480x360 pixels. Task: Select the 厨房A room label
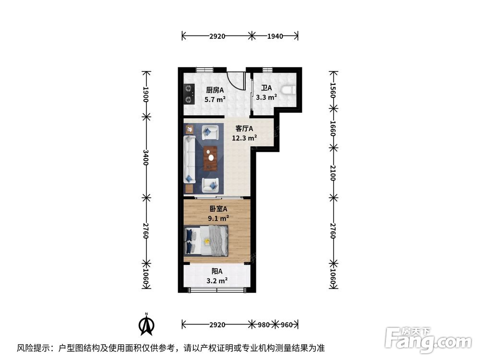(216, 90)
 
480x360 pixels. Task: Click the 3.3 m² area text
(266, 97)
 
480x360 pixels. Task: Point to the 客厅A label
(244, 129)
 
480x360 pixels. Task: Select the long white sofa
(189, 158)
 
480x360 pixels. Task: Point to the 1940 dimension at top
(275, 36)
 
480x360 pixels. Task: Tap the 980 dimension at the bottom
(263, 325)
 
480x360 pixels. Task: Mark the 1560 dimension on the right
(332, 90)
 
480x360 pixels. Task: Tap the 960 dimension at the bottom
(286, 325)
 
